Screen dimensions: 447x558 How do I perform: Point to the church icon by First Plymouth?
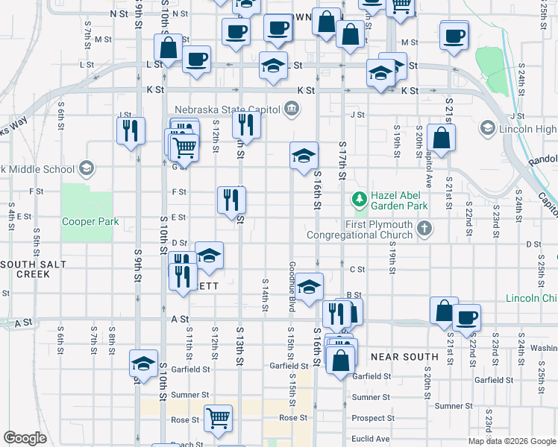pos(424,227)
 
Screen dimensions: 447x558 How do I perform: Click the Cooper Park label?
pos(90,221)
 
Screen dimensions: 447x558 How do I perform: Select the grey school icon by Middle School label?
pos(87,168)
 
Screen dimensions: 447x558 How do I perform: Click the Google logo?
pos(25,438)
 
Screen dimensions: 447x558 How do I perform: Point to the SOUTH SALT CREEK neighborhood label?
pos(25,270)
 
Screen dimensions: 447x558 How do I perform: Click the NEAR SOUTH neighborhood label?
pos(404,357)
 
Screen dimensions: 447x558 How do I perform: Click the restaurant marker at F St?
pos(231,199)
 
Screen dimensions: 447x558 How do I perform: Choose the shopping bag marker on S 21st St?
pos(442,138)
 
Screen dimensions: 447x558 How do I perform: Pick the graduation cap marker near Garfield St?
pos(143,363)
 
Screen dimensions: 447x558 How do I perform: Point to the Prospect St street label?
pos(373,419)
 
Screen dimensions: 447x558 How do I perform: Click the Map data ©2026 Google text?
pos(512,441)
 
